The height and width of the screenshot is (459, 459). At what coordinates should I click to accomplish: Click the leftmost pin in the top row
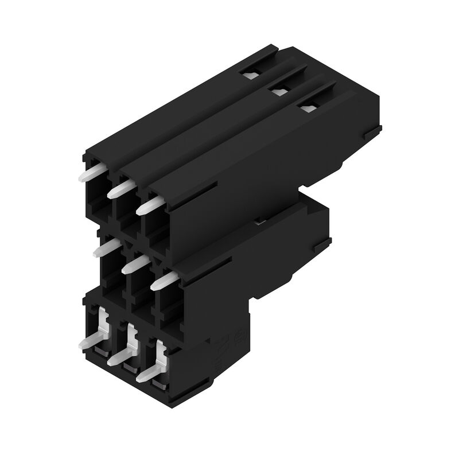(x=92, y=170)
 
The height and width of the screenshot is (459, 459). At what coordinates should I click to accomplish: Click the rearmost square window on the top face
(x=251, y=72)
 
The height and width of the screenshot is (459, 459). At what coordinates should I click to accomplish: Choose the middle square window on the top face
(x=279, y=89)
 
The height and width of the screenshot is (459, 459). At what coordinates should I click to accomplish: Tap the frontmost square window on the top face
(x=308, y=106)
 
